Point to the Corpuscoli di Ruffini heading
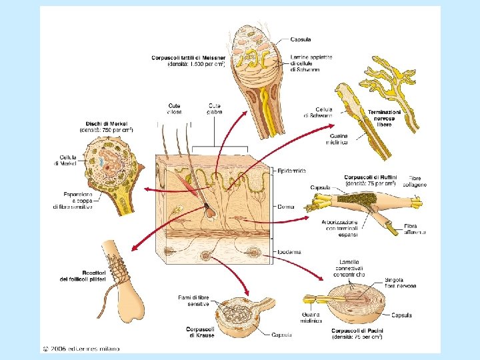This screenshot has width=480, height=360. [371, 177]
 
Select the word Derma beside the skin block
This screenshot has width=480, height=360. [287, 207]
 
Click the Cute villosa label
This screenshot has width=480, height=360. [175, 107]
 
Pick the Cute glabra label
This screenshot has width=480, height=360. [215, 107]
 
